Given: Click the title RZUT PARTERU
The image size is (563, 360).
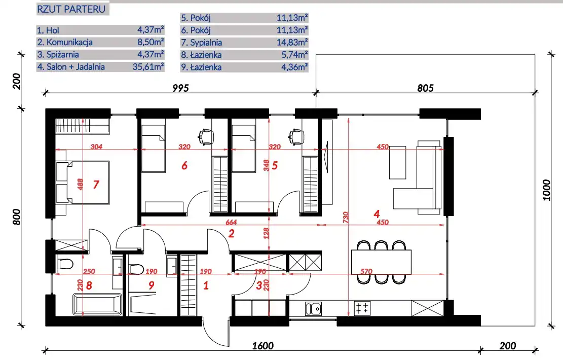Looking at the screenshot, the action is click(71, 9).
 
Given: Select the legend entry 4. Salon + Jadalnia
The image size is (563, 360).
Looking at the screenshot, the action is click(71, 67).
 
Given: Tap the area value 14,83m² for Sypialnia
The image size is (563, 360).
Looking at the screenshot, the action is click(292, 43).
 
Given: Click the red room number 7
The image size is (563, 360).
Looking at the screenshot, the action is click(96, 185).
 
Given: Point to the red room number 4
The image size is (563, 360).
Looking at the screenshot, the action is click(377, 214).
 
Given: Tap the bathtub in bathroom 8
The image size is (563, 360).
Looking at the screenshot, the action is click(97, 305).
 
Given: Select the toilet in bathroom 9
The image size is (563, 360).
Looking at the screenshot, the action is click(136, 269).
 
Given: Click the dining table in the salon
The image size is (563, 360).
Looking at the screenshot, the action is click(381, 262).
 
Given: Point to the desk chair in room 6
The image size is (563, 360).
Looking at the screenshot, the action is click(206, 136).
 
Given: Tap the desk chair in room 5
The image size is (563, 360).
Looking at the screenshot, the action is click(296, 136).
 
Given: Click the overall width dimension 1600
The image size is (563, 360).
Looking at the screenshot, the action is click(263, 346).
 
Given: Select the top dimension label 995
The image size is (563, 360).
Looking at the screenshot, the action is click(180, 88).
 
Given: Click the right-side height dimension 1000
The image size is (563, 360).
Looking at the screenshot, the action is click(546, 190).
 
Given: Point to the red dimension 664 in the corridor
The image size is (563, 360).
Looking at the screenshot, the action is click(231, 223).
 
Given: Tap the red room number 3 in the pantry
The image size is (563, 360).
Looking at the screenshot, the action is click(259, 285).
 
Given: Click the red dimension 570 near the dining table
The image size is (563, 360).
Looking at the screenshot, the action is click(366, 272).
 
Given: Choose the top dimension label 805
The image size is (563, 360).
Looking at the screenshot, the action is click(426, 88).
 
